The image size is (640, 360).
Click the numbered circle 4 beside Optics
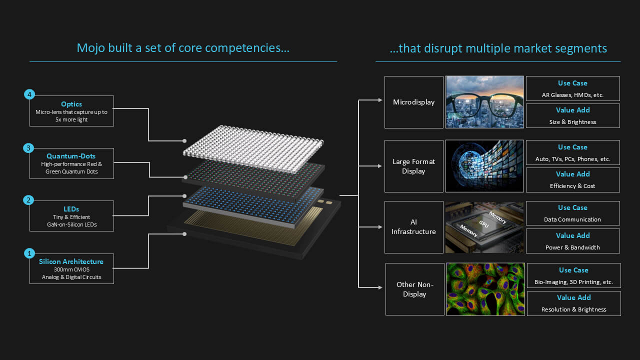[29, 94]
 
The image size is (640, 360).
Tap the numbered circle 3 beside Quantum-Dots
[28, 148]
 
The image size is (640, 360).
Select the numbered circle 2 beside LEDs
[28, 200]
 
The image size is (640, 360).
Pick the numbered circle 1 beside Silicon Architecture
[29, 253]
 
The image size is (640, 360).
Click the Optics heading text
[71, 104]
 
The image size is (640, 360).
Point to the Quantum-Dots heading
[71, 156]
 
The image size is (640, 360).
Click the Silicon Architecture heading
[71, 261]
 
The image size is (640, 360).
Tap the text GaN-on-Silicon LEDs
[71, 224]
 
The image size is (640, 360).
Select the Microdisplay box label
[413, 102]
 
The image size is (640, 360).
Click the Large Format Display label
[413, 166]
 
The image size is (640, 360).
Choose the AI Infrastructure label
[413, 227]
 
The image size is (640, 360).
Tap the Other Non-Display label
[414, 289]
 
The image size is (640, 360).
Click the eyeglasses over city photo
[484, 102]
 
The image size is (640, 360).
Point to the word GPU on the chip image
[483, 223]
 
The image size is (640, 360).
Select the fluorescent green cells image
[485, 289]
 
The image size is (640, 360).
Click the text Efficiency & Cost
[572, 186]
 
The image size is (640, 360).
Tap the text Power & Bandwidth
[572, 247]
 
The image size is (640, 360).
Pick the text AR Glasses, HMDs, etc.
[572, 95]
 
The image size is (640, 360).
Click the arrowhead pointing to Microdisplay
[380, 100]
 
